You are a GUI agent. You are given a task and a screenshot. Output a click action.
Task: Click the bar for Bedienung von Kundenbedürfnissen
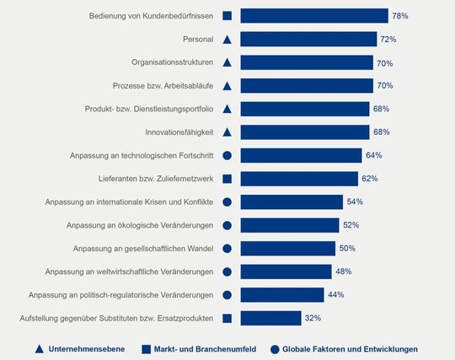pyautogui.click(x=313, y=16)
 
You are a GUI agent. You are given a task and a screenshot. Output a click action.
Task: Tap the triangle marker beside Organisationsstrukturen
pyautogui.click(x=227, y=62)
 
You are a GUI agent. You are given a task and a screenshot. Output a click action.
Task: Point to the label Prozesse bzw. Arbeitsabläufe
pyautogui.click(x=162, y=86)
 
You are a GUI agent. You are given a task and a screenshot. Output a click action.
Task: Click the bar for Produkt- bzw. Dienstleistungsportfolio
pyautogui.click(x=304, y=109)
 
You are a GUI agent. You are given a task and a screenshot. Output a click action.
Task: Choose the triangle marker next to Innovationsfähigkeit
pyautogui.click(x=227, y=132)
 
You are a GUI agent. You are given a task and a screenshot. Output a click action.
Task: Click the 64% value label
pyautogui.click(x=374, y=155)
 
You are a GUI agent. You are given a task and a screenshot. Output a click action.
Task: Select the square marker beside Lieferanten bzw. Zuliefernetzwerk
pyautogui.click(x=227, y=179)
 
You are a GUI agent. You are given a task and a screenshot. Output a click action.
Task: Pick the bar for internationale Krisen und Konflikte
pyautogui.click(x=292, y=201)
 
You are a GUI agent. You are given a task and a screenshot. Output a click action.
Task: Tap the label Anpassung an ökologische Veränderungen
pyautogui.click(x=138, y=225)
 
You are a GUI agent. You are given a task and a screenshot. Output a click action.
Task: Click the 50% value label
pyautogui.click(x=347, y=248)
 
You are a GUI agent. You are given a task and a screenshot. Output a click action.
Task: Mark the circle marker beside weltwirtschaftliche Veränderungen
pyautogui.click(x=227, y=271)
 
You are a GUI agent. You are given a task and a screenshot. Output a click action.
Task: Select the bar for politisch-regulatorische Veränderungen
pyautogui.click(x=282, y=294)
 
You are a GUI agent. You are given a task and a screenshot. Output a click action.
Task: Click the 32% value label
pyautogui.click(x=313, y=318)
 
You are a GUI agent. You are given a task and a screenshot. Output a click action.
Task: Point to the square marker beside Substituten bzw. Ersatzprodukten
pyautogui.click(x=227, y=318)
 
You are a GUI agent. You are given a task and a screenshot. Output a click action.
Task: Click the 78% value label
pyautogui.click(x=400, y=16)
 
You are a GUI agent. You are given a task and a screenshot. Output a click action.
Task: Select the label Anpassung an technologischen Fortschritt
pyautogui.click(x=141, y=155)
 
